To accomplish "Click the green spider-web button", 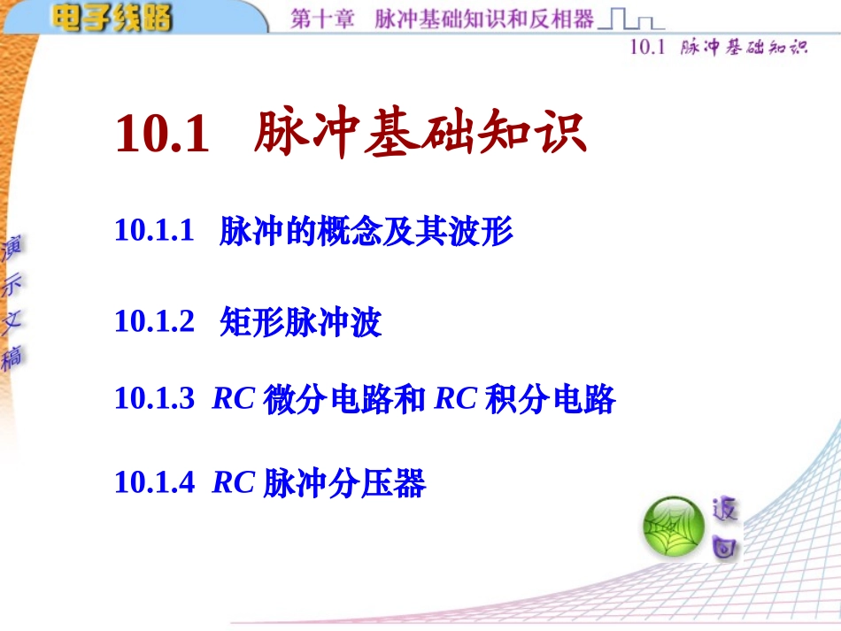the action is [x=674, y=527].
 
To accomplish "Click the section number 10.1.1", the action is [x=154, y=230].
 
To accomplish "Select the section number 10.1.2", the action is [x=154, y=321].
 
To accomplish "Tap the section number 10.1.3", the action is [x=154, y=398].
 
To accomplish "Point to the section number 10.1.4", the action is [x=154, y=481].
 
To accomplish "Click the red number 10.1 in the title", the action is [x=162, y=134].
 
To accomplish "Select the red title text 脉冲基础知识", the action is [x=420, y=133].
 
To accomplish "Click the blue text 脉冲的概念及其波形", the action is [x=366, y=231].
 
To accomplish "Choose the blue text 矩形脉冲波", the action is [x=300, y=322].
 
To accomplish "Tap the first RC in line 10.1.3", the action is [x=234, y=398].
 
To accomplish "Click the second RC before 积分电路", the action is [x=455, y=398].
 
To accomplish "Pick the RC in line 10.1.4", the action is [x=234, y=481].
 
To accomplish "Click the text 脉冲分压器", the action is [x=344, y=482].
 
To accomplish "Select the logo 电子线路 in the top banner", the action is [x=112, y=18].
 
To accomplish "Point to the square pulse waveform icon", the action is [x=631, y=19].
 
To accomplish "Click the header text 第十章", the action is [x=322, y=19].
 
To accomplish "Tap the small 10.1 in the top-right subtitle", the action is [x=647, y=47].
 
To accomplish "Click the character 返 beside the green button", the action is [x=725, y=509].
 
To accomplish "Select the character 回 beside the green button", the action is [x=725, y=547].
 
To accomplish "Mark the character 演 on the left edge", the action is [x=12, y=248].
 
